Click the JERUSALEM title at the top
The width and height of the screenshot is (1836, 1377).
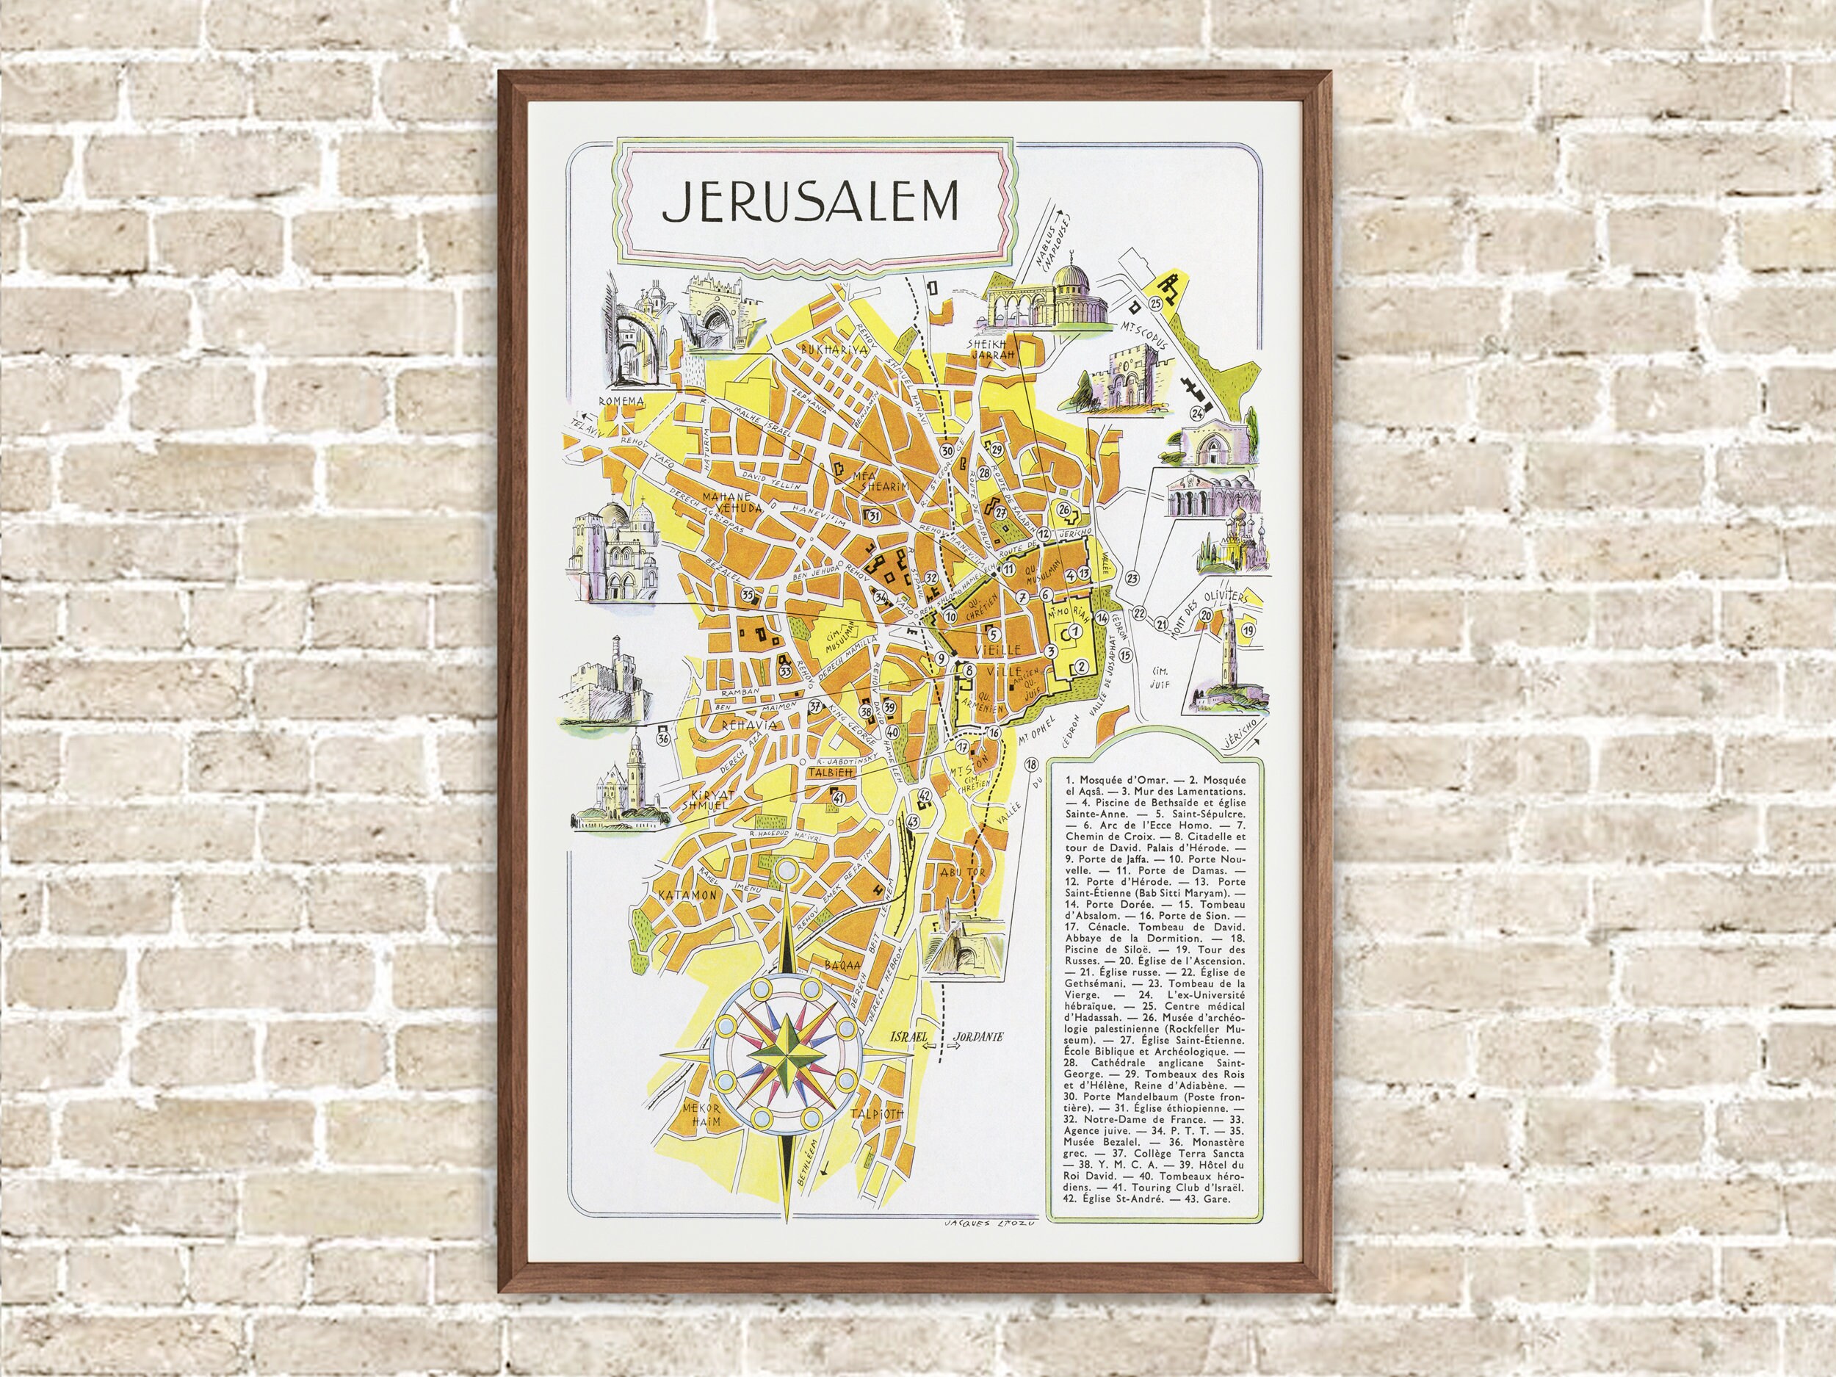click(809, 202)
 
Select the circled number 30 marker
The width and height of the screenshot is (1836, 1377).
click(948, 450)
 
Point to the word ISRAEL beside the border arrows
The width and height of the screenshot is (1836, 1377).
click(906, 1038)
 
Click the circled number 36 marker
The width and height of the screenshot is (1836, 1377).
click(663, 737)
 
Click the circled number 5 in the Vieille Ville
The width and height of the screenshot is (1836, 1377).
click(993, 634)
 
